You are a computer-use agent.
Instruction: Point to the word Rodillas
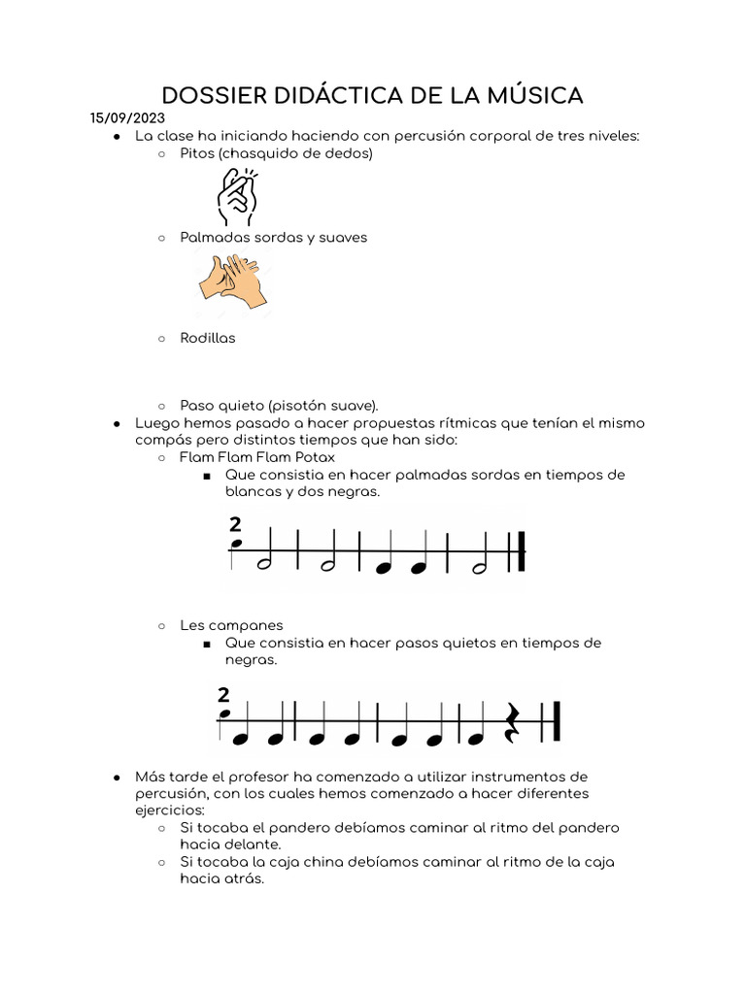pos(207,339)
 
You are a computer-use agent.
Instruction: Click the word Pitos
pos(196,153)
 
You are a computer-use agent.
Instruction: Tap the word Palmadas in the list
pos(212,237)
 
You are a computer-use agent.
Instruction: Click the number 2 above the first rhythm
pos(235,525)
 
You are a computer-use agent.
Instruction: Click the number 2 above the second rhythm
pos(224,694)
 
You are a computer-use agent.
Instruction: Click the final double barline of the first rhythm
pos(521,551)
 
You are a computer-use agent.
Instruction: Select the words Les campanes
pos(231,625)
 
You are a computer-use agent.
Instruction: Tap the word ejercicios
pos(170,810)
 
